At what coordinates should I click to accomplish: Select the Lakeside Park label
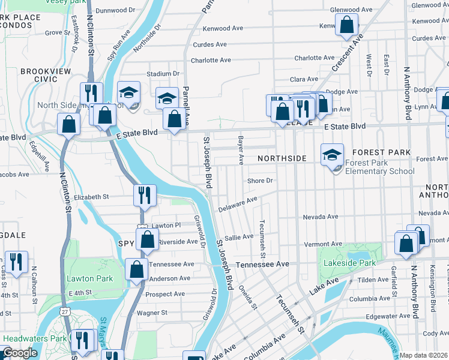tap(349, 263)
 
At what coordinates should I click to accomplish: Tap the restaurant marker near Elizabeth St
tap(145, 195)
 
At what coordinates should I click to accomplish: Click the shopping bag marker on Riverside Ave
tap(147, 239)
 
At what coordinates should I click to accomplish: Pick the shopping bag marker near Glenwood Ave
tap(346, 26)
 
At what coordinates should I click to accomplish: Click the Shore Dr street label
tap(261, 181)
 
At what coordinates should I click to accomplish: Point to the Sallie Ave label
tap(239, 237)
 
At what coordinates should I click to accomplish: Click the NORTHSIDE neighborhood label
tap(282, 158)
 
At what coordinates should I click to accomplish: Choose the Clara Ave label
tap(304, 79)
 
